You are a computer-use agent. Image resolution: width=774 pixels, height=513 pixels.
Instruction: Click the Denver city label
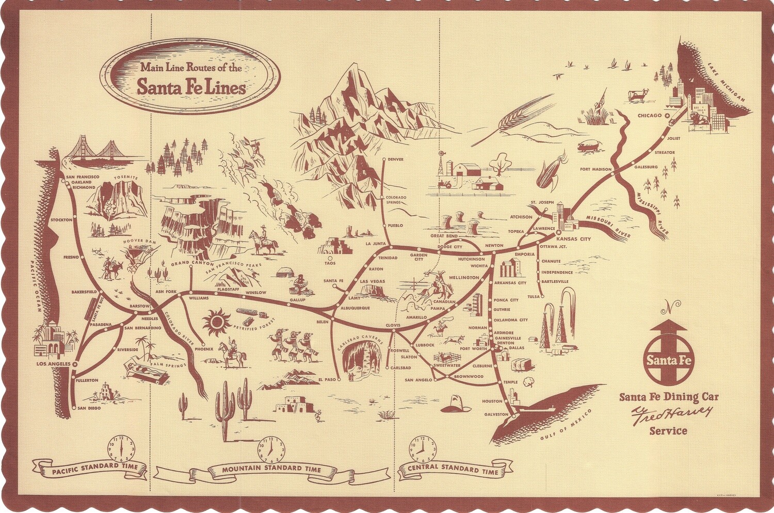(x=396, y=159)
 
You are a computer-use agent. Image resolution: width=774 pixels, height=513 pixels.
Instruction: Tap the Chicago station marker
(x=667, y=116)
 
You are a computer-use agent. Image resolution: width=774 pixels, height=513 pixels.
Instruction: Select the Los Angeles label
(x=53, y=364)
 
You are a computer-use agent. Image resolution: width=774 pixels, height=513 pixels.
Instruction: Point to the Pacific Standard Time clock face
(x=121, y=449)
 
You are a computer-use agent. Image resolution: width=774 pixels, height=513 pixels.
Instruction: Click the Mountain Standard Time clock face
(x=271, y=450)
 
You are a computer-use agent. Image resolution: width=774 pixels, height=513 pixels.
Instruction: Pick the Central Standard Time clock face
(x=423, y=450)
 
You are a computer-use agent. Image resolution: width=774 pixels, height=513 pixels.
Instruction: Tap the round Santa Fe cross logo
(x=668, y=359)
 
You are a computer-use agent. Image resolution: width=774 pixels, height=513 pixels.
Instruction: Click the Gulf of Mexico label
(x=566, y=425)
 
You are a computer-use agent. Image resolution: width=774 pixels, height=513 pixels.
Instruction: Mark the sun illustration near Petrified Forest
(x=217, y=323)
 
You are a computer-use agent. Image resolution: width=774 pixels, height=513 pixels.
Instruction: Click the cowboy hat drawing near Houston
(x=456, y=404)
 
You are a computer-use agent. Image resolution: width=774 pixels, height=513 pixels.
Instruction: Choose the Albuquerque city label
(x=355, y=308)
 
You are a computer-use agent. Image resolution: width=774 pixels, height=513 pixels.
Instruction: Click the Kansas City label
(x=573, y=239)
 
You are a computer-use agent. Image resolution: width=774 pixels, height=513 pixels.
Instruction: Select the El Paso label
(x=327, y=379)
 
